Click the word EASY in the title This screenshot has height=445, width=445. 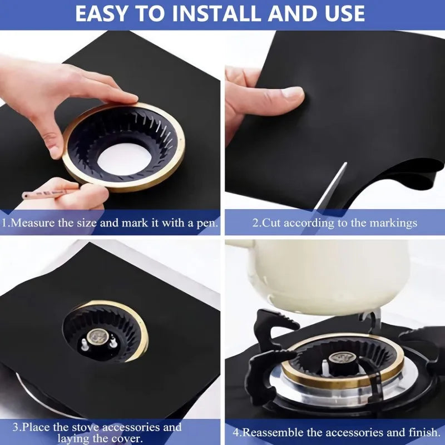(x=103, y=14)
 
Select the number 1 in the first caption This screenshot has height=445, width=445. (x=4, y=223)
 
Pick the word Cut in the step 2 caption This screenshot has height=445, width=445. (x=271, y=223)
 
